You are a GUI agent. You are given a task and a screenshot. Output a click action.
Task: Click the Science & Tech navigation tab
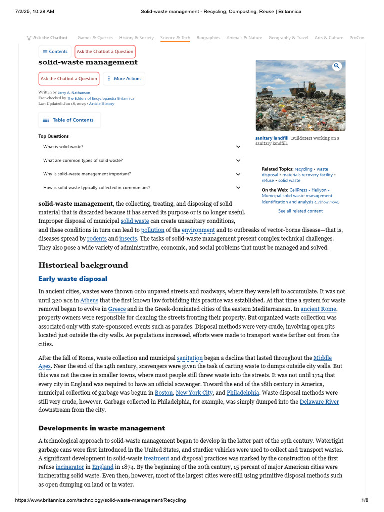click(175, 38)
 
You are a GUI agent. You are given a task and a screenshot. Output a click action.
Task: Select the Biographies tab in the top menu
click(208, 38)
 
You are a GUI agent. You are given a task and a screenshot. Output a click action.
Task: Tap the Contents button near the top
click(55, 52)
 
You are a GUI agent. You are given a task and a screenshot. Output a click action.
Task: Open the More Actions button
click(124, 79)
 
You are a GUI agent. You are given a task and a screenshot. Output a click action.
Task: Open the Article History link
click(102, 104)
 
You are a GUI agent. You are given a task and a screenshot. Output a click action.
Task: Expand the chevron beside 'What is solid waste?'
click(238, 147)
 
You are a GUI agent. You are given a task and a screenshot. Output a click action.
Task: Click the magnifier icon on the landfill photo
click(337, 66)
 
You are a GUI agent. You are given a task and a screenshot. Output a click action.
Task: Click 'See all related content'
click(300, 211)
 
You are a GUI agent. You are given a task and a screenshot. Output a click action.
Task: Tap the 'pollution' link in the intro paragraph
click(152, 230)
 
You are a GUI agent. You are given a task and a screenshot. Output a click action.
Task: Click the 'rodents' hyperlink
click(97, 239)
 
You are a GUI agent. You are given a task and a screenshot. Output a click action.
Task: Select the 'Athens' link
click(89, 300)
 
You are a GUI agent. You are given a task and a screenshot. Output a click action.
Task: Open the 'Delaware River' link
click(319, 402)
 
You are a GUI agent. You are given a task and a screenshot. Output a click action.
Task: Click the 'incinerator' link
click(70, 467)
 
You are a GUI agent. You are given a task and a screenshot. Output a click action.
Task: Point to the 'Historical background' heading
click(83, 265)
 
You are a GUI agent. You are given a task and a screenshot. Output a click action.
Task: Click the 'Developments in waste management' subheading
click(102, 428)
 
